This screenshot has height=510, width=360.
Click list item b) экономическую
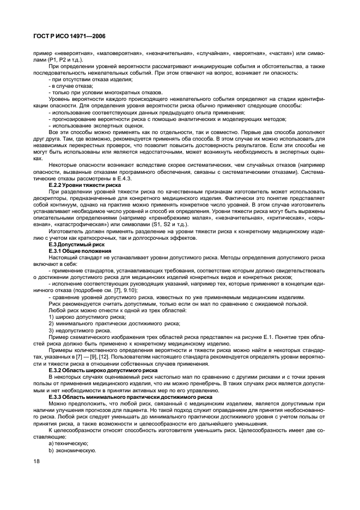pos(69,450)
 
